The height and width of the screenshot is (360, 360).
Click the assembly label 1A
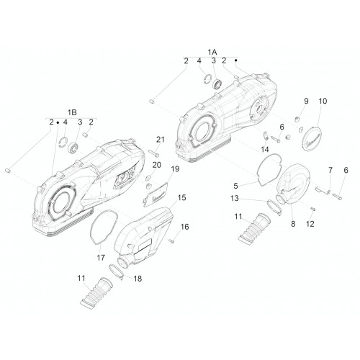(x=212, y=52)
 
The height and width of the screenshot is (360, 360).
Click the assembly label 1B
(x=72, y=112)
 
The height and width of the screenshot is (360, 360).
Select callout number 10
(x=323, y=102)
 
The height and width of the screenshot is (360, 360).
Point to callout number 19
(x=175, y=169)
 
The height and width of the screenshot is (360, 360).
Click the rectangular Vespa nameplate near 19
(x=156, y=194)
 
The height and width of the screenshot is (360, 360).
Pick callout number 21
(x=161, y=140)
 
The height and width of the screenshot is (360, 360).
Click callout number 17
(x=101, y=258)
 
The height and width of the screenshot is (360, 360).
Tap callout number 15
(x=181, y=198)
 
